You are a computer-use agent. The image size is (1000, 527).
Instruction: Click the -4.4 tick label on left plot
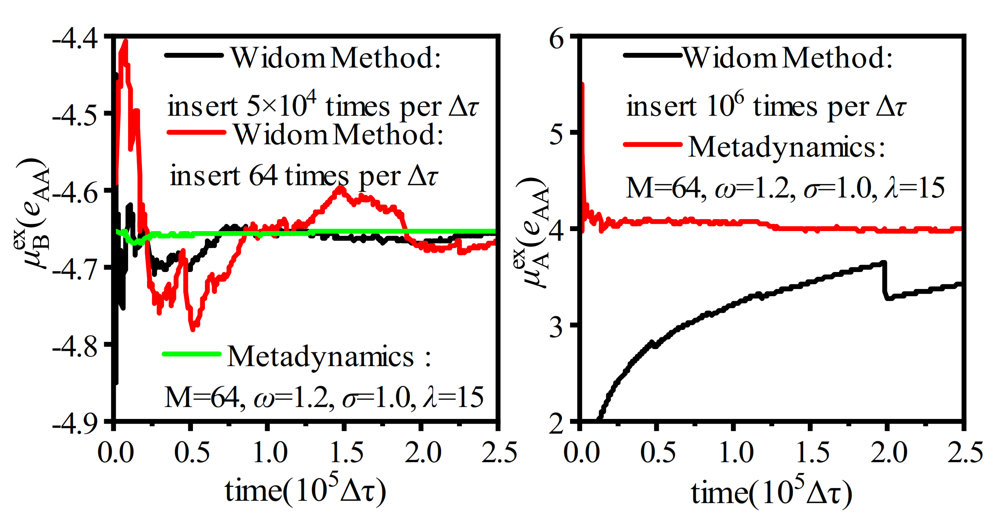(75, 39)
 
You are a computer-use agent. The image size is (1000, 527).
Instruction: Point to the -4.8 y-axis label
(75, 346)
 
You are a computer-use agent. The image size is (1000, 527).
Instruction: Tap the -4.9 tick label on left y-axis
(75, 424)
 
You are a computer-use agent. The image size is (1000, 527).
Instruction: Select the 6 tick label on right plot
(557, 39)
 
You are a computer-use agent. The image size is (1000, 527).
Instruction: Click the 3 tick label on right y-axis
(557, 327)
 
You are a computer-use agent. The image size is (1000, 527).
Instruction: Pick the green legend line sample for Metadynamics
(191, 353)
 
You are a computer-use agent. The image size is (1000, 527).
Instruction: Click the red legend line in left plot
(196, 133)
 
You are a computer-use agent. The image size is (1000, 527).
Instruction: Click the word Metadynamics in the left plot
(320, 356)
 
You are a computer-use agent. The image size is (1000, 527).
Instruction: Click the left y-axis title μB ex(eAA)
(33, 213)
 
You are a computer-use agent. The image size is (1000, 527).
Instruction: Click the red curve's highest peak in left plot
(125, 42)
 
